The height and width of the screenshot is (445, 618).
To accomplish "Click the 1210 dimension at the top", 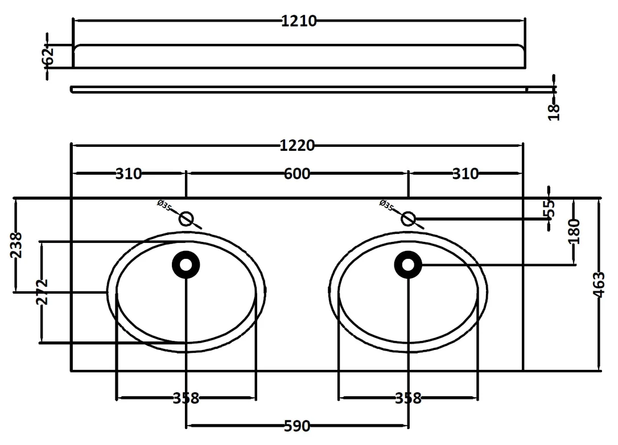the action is (299, 21).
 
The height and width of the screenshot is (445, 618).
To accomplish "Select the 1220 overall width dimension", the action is (297, 146).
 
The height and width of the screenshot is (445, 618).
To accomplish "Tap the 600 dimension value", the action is (297, 174).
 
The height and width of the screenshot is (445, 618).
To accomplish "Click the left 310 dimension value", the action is (129, 174).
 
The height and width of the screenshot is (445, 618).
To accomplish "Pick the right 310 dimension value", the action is (465, 174).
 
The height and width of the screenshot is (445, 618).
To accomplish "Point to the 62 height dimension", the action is (48, 56).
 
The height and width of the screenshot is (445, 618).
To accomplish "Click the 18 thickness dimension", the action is (554, 112).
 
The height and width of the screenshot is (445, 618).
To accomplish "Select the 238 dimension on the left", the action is (16, 245).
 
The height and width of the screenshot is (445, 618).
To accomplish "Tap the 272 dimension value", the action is (42, 292).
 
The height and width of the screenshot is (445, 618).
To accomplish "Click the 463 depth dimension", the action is (598, 285).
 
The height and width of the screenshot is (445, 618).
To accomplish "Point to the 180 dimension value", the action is (575, 232).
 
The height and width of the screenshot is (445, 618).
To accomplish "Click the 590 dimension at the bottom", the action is (297, 426).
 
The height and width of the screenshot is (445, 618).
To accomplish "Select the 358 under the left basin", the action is (186, 398).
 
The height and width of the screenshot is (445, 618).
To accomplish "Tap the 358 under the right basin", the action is (409, 398).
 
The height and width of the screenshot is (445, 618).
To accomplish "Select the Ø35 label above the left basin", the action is (164, 205).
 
